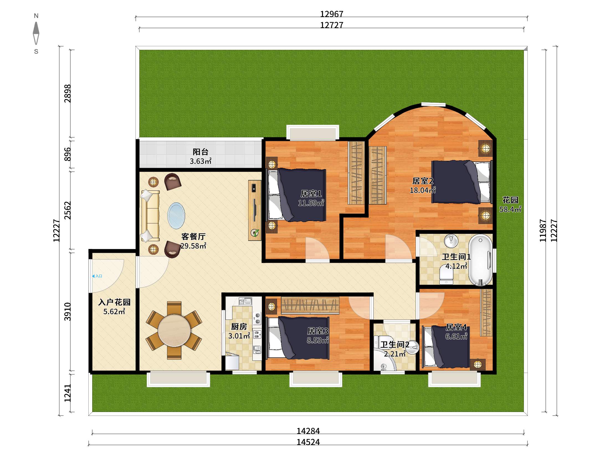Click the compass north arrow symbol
point(36,33)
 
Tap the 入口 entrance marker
point(97,276)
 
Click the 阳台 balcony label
point(201,152)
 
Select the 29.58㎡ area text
point(193,246)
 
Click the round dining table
point(174,330)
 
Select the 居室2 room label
point(422,181)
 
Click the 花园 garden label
point(510,200)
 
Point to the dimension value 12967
point(332,14)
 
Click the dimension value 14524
point(308,442)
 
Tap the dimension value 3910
point(68,311)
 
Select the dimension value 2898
point(68,93)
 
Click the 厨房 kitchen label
point(239,326)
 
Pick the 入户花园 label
point(114,302)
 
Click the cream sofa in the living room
point(150,216)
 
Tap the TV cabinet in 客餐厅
point(255,210)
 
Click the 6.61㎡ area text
point(456,336)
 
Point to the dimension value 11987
point(543,231)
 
